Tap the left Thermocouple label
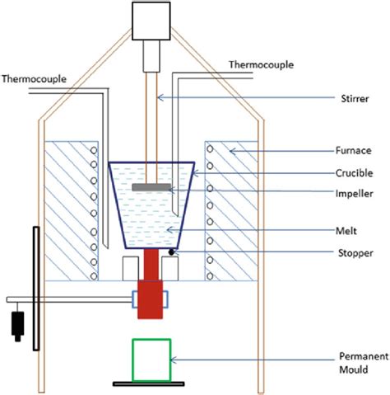[x=37, y=79]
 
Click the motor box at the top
[x=151, y=21]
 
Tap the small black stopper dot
[x=174, y=250]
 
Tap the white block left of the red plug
[x=129, y=268]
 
